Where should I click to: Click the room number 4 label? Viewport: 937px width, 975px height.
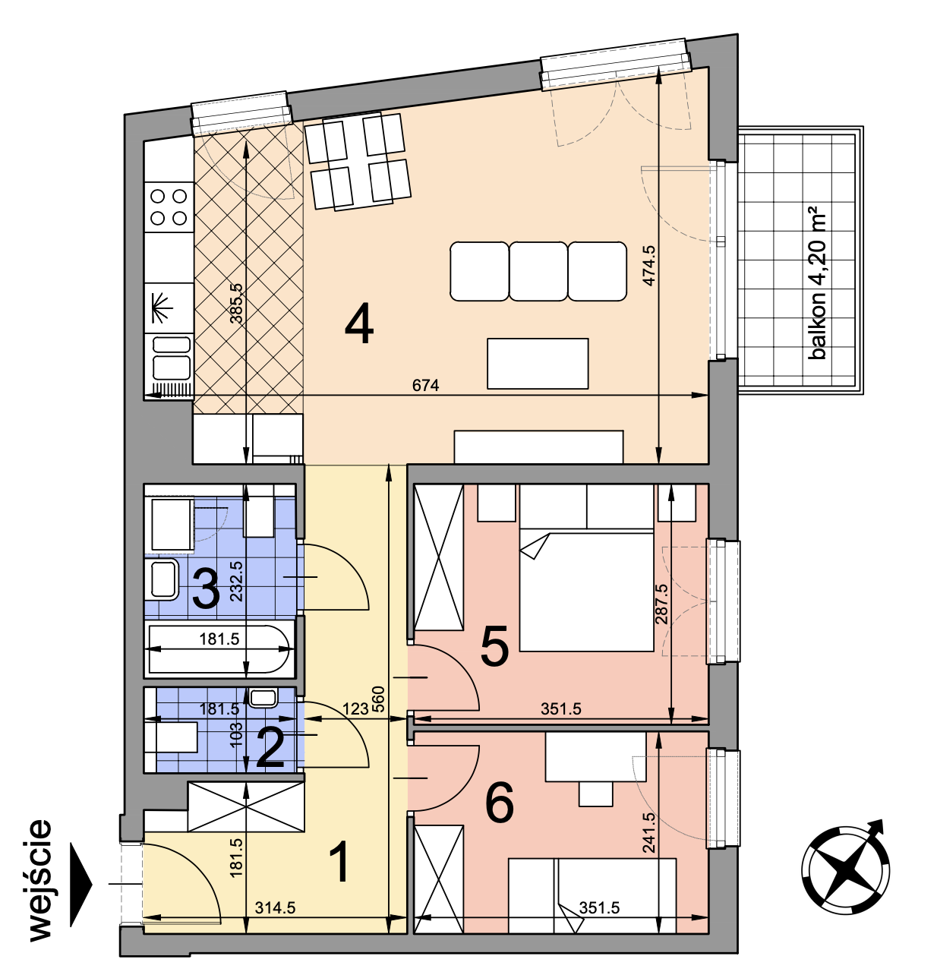coord(358,323)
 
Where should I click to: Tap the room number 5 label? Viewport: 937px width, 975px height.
coord(494,647)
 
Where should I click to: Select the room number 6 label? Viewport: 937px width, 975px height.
coord(500,803)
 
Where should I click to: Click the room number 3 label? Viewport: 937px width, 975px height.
coord(206,589)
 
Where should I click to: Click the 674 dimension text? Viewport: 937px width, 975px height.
coord(425,385)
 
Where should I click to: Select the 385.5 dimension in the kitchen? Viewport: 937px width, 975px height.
coord(236,303)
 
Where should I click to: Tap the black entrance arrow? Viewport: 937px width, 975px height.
coord(81,884)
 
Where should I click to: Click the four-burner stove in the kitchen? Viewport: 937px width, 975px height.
coord(169,207)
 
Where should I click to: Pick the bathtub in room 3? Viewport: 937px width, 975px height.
coord(219,649)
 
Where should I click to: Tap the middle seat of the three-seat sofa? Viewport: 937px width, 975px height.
coord(538,271)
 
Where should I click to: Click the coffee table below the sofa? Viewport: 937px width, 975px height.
coord(538,363)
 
